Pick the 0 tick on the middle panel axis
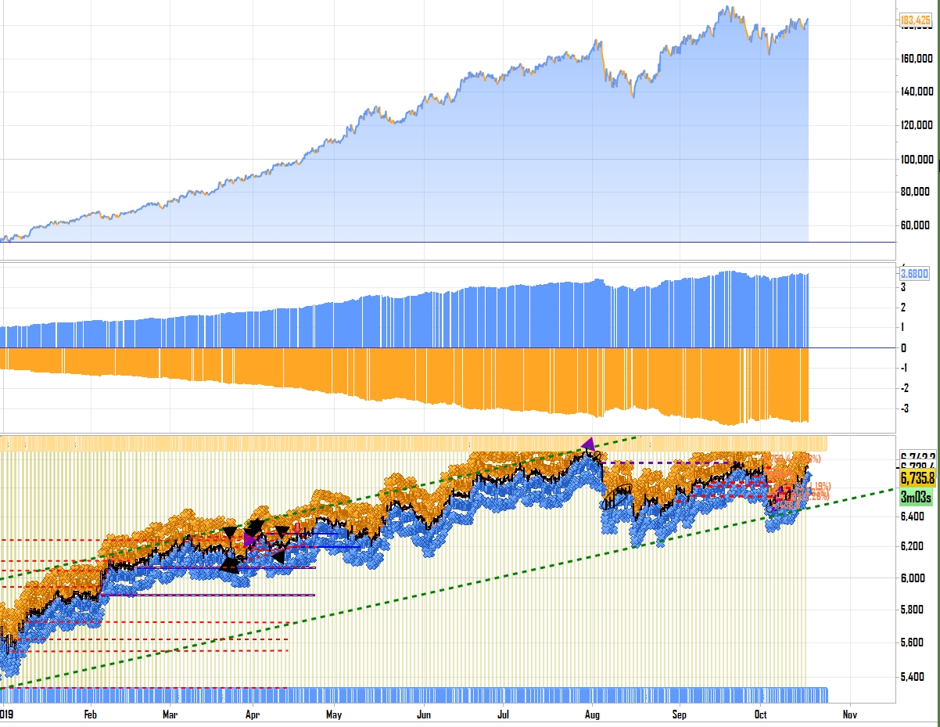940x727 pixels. [903, 348]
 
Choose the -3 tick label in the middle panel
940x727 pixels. [906, 409]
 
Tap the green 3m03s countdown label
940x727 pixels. [917, 495]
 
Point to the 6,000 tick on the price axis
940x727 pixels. [913, 578]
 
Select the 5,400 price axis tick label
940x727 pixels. [913, 677]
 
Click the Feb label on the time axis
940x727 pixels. [90, 714]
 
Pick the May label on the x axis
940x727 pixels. [334, 714]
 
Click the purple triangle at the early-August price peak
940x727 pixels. [588, 444]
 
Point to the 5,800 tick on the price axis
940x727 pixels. [913, 610]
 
